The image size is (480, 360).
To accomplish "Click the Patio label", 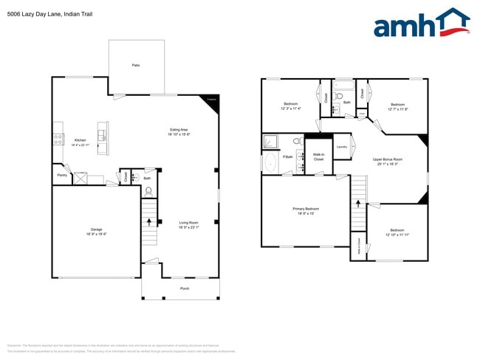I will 136,66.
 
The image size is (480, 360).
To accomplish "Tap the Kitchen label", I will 80,139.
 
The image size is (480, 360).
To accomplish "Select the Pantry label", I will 62,176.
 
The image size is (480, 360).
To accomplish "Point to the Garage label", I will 96,229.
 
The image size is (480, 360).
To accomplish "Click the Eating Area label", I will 179,130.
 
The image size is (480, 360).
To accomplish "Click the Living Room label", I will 188,223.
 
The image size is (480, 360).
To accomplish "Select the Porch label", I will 184,288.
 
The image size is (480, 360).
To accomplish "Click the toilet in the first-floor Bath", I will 148,190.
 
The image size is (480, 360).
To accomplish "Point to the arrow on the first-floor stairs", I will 151,221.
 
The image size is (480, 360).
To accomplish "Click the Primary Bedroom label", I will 304,209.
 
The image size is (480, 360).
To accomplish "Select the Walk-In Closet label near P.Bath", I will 318,156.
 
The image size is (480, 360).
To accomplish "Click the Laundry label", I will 341,147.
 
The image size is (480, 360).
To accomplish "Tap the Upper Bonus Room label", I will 387,159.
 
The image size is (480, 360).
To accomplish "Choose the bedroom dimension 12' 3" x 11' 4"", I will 291,108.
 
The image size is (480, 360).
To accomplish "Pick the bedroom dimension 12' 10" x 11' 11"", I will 397,234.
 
